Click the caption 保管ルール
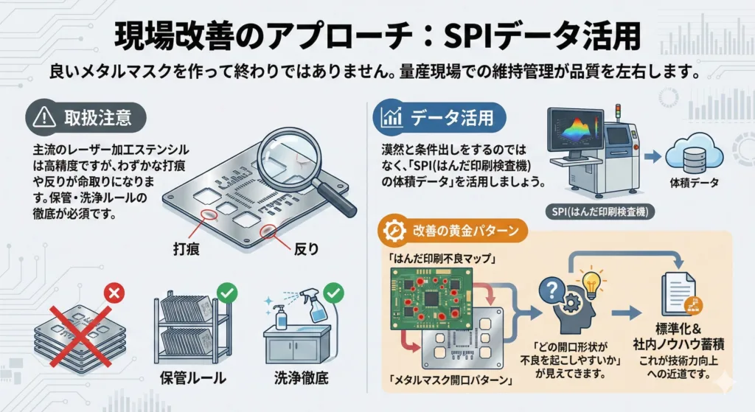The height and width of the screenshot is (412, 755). click(x=193, y=380)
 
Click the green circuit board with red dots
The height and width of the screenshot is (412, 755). click(x=431, y=293)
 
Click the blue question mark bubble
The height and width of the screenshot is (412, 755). click(x=551, y=288)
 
